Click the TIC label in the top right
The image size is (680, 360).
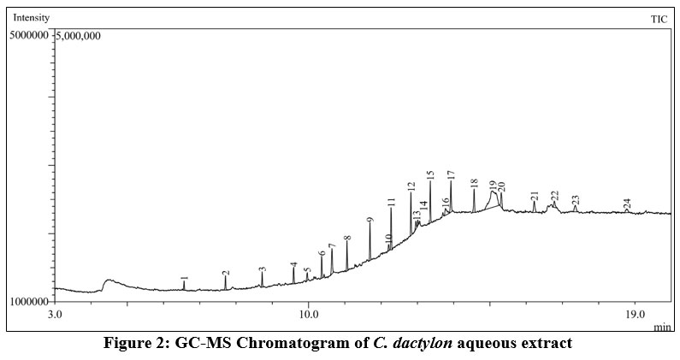(x=659, y=18)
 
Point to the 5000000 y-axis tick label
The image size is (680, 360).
(x=29, y=36)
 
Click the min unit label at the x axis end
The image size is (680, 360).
(x=663, y=327)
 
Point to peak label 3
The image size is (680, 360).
(x=263, y=270)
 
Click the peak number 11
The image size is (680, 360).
(x=391, y=203)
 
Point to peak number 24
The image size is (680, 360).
(x=627, y=204)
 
